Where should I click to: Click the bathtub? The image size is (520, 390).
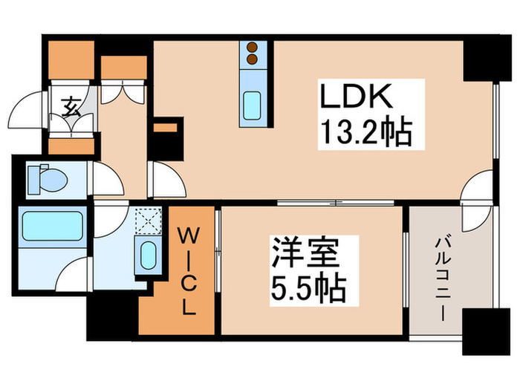click(51, 225)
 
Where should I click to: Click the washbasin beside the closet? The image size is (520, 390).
click(146, 255)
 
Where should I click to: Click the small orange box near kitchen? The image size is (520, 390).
click(169, 127)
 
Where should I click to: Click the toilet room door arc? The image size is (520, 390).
click(107, 180)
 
